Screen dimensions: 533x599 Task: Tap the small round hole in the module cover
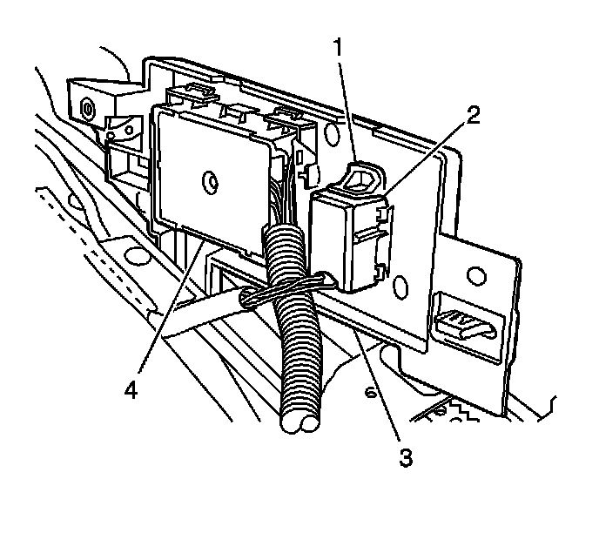(208, 182)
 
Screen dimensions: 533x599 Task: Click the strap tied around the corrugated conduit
(287, 287)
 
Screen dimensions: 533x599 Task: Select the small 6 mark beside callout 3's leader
(369, 395)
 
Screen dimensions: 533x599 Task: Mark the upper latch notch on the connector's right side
(383, 209)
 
